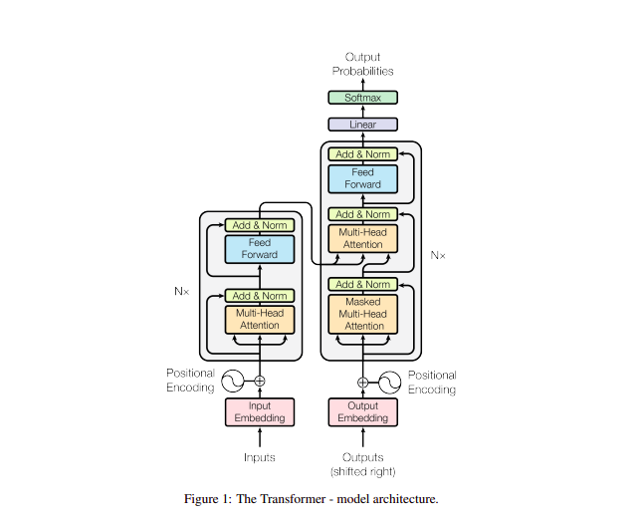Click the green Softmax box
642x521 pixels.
pos(362,98)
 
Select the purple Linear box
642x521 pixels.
pos(362,125)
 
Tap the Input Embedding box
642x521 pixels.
pos(259,411)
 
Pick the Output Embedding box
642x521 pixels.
pos(362,411)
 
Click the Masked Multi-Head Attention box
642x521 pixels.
pos(362,314)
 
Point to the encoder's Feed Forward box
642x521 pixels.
pos(259,248)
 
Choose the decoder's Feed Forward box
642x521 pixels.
pos(362,178)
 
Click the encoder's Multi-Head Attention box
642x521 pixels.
pos(259,319)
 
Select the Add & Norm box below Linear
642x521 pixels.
pos(362,154)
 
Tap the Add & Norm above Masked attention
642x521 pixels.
pos(362,284)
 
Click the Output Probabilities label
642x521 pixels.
pos(362,64)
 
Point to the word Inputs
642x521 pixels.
pos(259,457)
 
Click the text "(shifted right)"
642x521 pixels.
pos(362,471)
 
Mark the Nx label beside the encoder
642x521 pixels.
pos(180,293)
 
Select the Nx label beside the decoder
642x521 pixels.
pos(438,255)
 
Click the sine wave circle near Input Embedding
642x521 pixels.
pos(232,381)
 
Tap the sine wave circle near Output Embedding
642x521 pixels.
pos(390,381)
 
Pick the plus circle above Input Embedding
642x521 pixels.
pos(260,381)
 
